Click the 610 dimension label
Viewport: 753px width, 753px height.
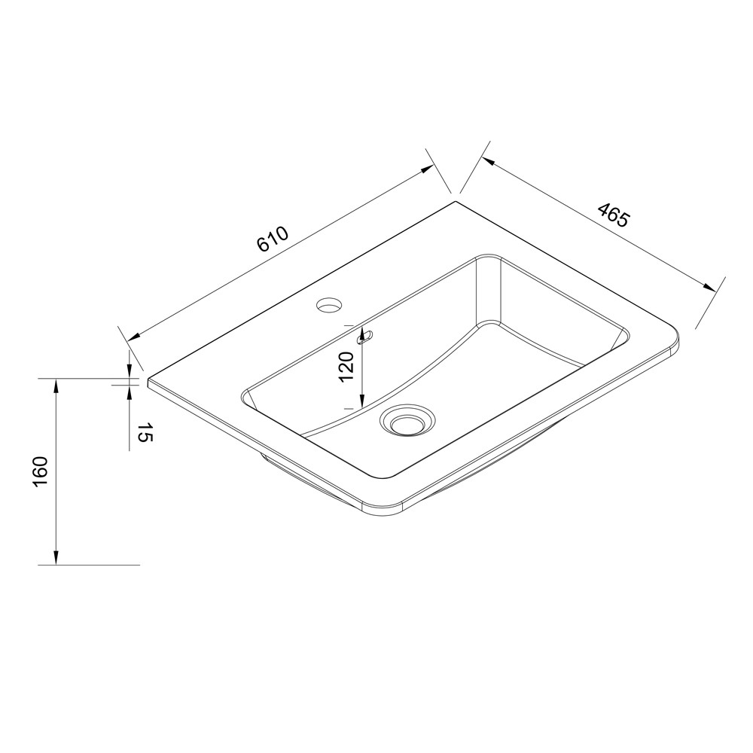point(273,239)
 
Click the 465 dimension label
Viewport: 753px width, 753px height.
point(612,215)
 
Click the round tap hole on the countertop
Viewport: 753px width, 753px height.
point(330,304)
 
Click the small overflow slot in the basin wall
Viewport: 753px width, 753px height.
point(365,337)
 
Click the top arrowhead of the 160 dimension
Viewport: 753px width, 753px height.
point(56,385)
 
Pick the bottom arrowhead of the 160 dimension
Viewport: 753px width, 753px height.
point(56,557)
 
